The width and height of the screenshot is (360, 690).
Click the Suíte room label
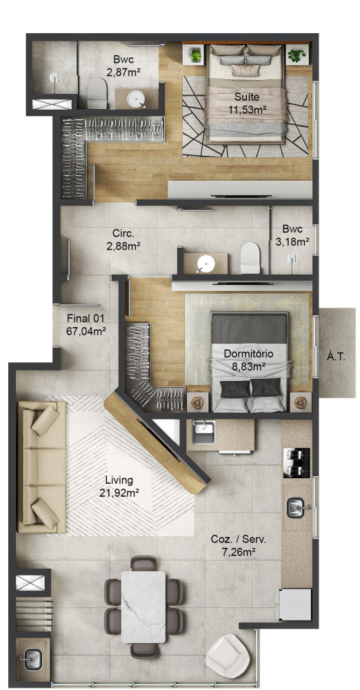pos(246,97)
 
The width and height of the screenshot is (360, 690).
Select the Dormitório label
pos(249,353)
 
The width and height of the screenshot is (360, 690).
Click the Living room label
pos(119,480)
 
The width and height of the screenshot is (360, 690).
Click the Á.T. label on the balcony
pos(336,357)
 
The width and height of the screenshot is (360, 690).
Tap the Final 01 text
pos(86,317)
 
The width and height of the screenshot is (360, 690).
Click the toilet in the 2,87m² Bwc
pos(97,93)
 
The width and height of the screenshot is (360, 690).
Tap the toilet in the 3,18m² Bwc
pos(250,258)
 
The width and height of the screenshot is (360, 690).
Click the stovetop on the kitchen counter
pos(297,463)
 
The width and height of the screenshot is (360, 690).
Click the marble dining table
pos(143,607)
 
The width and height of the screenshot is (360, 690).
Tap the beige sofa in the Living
pos(41,466)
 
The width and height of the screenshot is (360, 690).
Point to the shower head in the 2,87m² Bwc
pos(54,79)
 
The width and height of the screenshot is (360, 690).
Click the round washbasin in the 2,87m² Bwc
pos(137,99)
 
